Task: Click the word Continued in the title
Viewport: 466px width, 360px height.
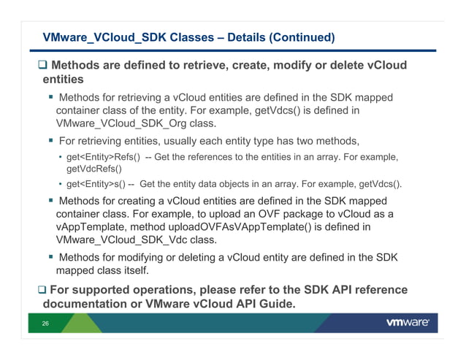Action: pyautogui.click(x=299, y=37)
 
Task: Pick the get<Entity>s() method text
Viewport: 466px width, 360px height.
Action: pyautogui.click(x=96, y=183)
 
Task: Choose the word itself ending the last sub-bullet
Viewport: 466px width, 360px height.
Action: pyautogui.click(x=132, y=270)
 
